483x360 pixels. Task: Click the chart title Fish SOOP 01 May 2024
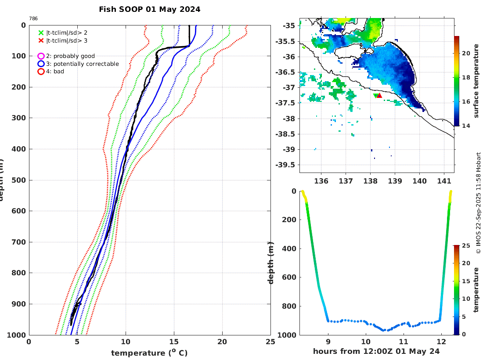tap(149, 9)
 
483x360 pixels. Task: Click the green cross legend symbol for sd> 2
tap(41, 32)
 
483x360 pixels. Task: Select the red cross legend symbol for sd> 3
tap(41, 41)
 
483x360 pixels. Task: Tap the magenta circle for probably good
tap(41, 56)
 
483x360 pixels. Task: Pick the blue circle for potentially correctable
tap(41, 64)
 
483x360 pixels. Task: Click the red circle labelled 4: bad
tap(41, 71)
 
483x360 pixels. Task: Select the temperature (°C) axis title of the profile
tap(150, 353)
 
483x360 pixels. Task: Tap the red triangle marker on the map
tap(379, 95)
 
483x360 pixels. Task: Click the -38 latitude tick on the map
tap(288, 119)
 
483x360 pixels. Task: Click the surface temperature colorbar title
tap(476, 81)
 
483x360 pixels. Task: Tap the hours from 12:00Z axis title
tap(376, 352)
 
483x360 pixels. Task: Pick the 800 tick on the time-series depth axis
tap(290, 306)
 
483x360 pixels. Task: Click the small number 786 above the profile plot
tap(33, 18)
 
